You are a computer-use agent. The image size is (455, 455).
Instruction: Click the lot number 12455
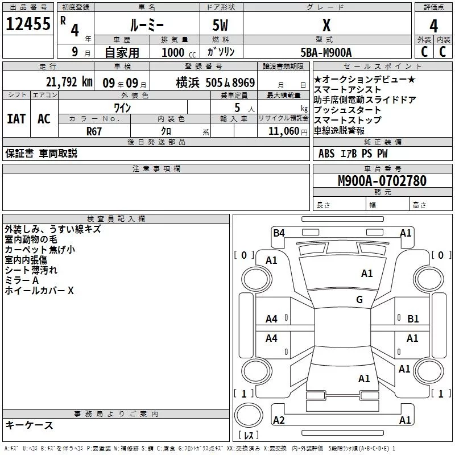pyautogui.click(x=28, y=24)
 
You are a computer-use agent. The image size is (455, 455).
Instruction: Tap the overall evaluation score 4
pyautogui.click(x=433, y=26)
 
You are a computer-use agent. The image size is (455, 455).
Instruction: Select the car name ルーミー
pyautogui.click(x=147, y=26)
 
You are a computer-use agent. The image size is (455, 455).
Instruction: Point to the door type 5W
pyautogui.click(x=221, y=26)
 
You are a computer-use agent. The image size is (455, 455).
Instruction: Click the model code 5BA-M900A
pyautogui.click(x=326, y=52)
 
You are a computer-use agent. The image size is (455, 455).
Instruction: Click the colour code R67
pyautogui.click(x=94, y=131)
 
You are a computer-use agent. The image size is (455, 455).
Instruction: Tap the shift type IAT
pyautogui.click(x=16, y=119)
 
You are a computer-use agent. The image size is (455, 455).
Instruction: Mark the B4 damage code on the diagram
pyautogui.click(x=279, y=233)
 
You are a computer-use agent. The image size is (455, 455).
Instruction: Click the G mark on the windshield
pyautogui.click(x=359, y=300)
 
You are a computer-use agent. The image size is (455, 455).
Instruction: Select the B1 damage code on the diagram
pyautogui.click(x=413, y=319)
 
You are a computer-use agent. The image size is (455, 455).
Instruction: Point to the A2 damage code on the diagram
pyautogui.click(x=279, y=420)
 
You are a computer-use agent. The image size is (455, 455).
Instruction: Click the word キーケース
pyautogui.click(x=29, y=425)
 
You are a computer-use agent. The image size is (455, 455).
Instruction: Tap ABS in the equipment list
pyautogui.click(x=326, y=154)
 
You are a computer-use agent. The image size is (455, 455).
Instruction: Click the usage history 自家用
pyautogui.click(x=122, y=52)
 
